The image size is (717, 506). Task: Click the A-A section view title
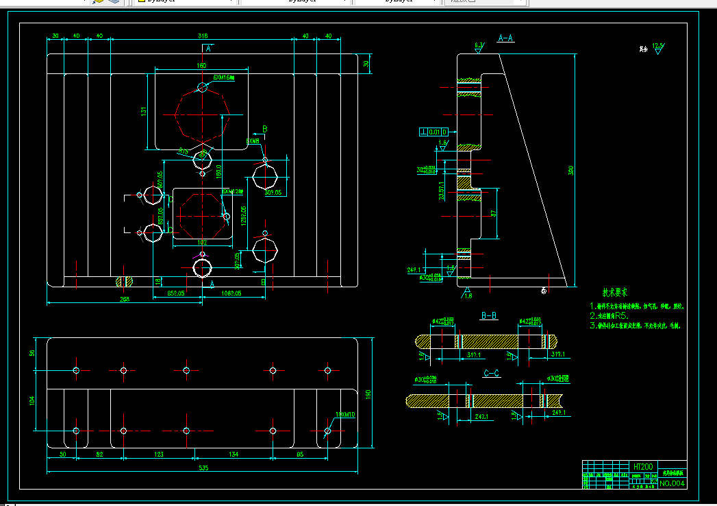pos(506,38)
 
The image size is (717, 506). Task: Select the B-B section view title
pos(489,316)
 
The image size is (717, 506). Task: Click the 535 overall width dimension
pos(203,468)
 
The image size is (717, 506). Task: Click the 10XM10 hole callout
pos(345,415)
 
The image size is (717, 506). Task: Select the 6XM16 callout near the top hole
pos(224,78)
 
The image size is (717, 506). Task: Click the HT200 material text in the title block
pos(642,466)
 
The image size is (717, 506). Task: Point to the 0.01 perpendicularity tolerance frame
pos(434,132)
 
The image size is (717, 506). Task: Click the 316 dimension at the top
pos(203,35)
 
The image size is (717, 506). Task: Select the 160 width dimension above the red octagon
pos(201,66)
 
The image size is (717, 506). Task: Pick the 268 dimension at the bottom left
pos(124,299)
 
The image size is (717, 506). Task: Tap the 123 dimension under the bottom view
pos(158,454)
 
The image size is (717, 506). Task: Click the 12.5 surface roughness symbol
pos(658,47)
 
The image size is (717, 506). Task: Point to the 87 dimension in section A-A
pos(493,214)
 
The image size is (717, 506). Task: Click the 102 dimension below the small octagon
pos(202,242)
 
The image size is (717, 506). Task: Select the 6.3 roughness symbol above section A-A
pos(479,46)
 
